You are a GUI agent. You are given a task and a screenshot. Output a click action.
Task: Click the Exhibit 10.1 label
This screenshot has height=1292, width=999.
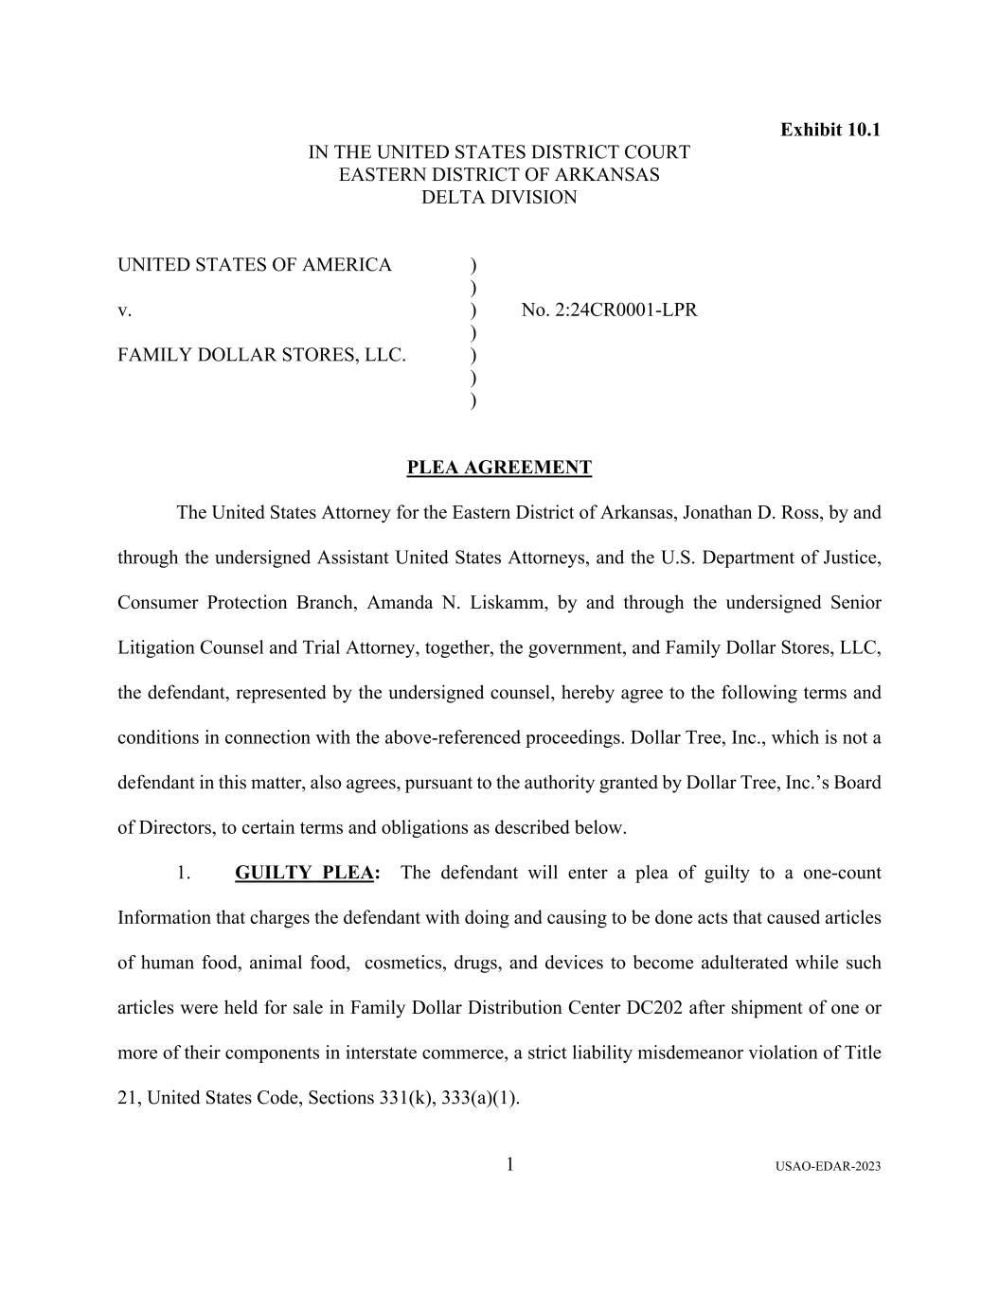click(x=830, y=130)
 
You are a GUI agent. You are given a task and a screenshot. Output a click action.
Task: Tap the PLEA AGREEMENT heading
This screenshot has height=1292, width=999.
click(x=499, y=468)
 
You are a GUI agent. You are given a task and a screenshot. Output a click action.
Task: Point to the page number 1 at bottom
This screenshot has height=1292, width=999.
click(x=509, y=1164)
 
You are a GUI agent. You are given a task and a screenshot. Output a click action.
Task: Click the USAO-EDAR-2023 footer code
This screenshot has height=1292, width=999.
click(x=827, y=1166)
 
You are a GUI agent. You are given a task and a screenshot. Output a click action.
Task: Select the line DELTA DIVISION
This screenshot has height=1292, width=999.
click(x=499, y=198)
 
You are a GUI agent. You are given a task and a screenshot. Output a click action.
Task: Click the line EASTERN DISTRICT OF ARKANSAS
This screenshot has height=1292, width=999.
click(x=499, y=175)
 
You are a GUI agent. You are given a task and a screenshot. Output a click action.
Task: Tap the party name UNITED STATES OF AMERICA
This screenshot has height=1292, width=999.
click(x=254, y=265)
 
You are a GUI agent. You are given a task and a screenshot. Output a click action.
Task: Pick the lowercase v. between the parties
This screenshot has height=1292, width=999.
click(x=124, y=310)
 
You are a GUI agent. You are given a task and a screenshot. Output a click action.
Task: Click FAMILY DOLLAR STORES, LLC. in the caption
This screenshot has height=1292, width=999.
click(x=261, y=355)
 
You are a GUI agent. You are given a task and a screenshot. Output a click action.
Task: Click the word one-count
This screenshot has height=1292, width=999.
click(x=842, y=873)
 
